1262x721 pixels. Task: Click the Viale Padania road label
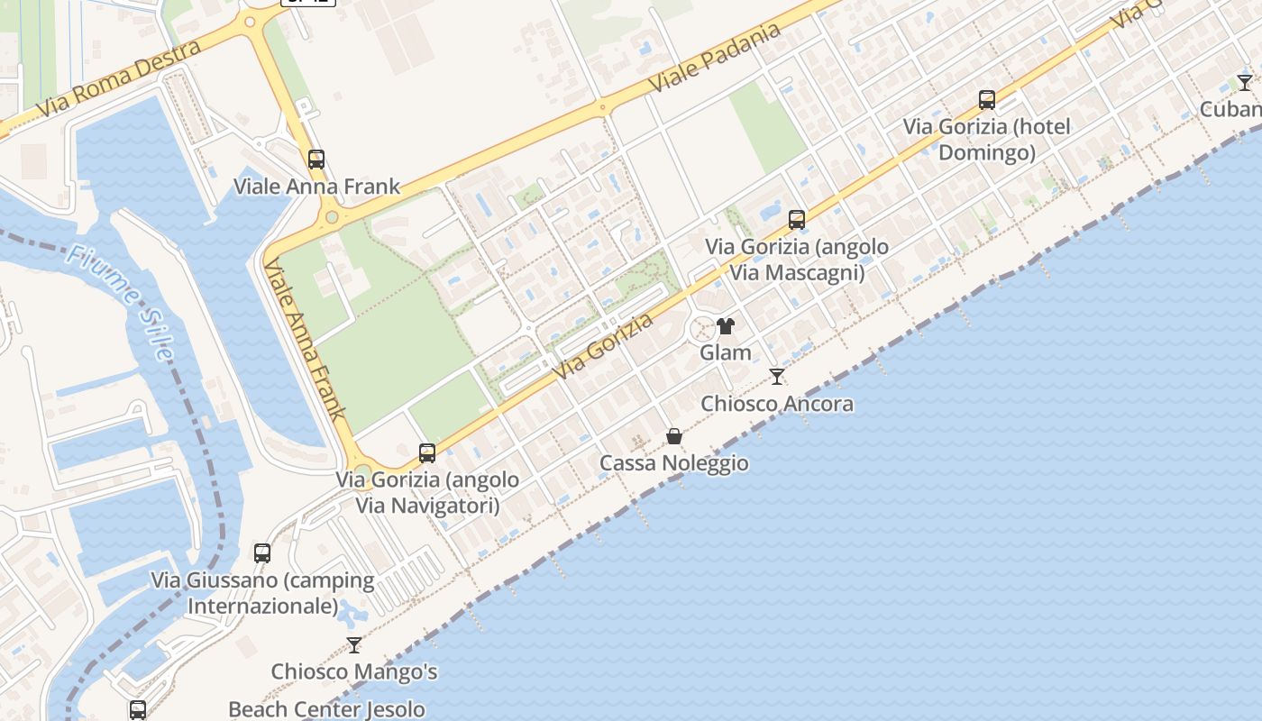pos(715,58)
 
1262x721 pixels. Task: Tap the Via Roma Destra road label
pos(119,79)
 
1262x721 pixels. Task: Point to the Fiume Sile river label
pos(118,302)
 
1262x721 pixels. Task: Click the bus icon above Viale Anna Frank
pos(315,160)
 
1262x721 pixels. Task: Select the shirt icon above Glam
pos(726,326)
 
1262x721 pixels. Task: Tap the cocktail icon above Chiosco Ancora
pos(777,376)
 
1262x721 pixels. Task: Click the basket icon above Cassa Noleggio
pos(673,436)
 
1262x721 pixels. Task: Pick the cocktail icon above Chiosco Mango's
pos(354,645)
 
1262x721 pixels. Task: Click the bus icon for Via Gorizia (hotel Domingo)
pos(987,99)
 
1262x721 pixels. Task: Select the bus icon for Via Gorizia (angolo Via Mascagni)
pos(796,219)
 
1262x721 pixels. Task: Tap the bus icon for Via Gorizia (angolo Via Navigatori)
pos(427,452)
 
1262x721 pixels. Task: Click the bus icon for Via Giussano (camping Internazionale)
pos(262,552)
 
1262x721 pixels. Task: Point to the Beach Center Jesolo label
pos(326,709)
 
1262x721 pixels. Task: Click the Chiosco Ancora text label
pos(777,404)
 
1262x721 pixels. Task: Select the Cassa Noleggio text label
pos(673,463)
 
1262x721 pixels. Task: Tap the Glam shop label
pos(726,352)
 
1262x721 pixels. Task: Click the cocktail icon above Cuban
pos(1245,83)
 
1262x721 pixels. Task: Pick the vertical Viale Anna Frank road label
pos(305,341)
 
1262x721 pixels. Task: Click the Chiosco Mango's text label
pos(354,671)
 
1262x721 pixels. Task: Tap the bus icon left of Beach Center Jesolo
pos(138,709)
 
